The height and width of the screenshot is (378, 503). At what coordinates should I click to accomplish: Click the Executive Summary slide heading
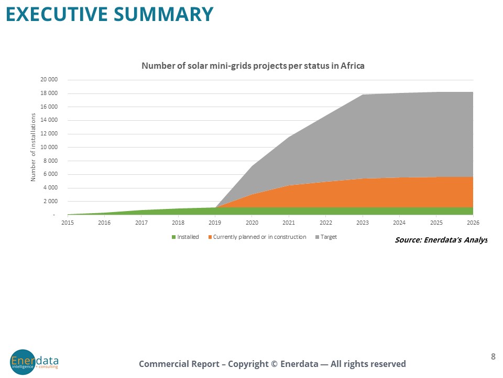pos(110,14)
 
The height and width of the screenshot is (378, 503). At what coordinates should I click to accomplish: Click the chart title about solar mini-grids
pos(253,66)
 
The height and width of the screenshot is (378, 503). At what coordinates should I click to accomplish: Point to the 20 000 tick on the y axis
pos(49,80)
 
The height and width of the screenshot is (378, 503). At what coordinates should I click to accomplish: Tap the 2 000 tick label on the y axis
pos(50,202)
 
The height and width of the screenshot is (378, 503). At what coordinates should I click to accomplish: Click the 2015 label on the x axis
pos(68,223)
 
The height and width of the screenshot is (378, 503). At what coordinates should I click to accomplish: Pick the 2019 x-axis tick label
pos(215,223)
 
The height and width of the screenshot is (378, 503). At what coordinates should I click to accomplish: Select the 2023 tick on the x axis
pos(363,223)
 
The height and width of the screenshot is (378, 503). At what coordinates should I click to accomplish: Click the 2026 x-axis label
pos(473,223)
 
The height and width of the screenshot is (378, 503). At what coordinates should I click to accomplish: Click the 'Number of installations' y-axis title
pos(33,148)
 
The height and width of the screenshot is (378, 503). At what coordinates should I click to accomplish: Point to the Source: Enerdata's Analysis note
pos(441,240)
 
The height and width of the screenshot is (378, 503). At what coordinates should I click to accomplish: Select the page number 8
pos(493,357)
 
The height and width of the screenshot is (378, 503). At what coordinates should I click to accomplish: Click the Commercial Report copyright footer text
pos(272,364)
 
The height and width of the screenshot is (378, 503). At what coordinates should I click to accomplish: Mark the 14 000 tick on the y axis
pos(49,120)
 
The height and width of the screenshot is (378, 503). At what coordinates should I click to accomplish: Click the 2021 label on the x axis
pos(289,223)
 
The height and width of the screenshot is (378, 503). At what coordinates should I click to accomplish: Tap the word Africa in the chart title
pos(353,66)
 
